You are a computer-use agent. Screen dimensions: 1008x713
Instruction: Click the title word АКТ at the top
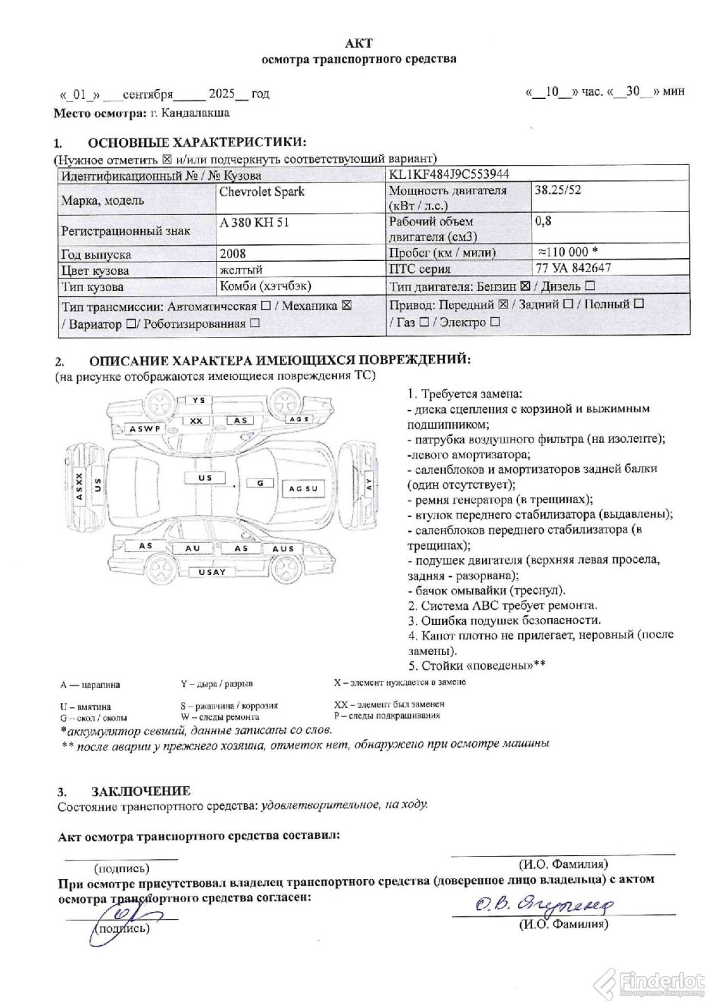(x=359, y=43)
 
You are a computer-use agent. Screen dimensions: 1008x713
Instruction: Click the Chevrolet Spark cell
(x=262, y=192)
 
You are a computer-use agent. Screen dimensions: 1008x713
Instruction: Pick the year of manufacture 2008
(x=233, y=254)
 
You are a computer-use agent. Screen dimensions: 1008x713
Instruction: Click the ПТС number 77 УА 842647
(x=569, y=268)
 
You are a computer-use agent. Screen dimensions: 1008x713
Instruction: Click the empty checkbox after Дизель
(x=589, y=285)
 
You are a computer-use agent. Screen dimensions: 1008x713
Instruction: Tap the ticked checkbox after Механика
(x=347, y=306)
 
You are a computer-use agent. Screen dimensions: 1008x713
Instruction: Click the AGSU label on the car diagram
(x=303, y=489)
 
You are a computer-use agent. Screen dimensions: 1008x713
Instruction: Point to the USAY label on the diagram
(x=212, y=572)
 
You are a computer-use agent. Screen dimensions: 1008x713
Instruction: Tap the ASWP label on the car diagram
(x=145, y=429)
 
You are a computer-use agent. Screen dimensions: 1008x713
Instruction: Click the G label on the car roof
(x=260, y=482)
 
